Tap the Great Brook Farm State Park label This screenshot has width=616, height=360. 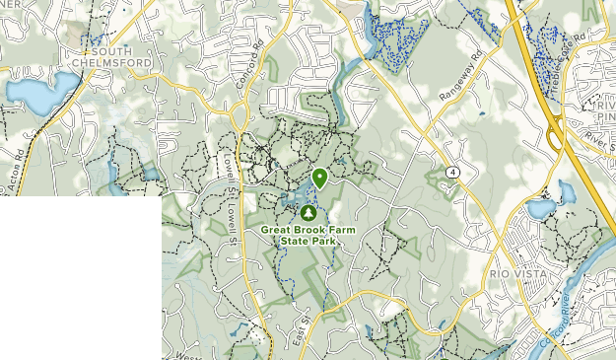(308, 235)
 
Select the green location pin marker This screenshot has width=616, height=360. (320, 179)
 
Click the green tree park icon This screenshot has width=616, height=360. (309, 212)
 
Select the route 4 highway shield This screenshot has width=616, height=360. (450, 171)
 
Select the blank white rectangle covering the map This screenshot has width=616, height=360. (81, 277)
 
